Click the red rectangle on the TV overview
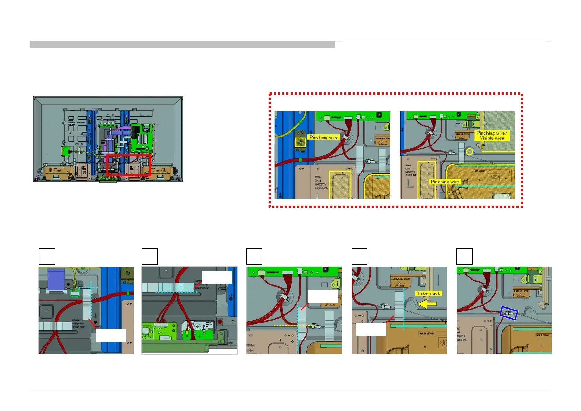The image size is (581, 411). (x=129, y=166)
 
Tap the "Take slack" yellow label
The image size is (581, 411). (x=429, y=293)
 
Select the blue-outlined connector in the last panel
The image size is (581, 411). (x=509, y=314)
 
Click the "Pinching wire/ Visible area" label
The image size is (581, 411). (x=492, y=135)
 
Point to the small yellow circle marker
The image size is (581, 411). (x=469, y=151)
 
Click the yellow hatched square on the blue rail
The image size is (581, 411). (x=301, y=142)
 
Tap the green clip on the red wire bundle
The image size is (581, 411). (x=301, y=160)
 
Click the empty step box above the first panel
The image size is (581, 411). (x=47, y=256)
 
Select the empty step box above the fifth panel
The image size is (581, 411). (x=464, y=256)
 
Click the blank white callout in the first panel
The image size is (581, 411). (x=111, y=335)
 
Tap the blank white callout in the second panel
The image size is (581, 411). (x=217, y=277)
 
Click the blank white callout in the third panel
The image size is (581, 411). (x=323, y=296)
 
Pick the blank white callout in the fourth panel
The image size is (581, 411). (x=371, y=329)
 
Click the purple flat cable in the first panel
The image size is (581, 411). (x=56, y=279)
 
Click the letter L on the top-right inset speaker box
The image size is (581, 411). (x=410, y=184)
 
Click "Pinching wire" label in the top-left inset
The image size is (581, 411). (x=323, y=137)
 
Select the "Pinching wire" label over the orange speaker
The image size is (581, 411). (x=445, y=182)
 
